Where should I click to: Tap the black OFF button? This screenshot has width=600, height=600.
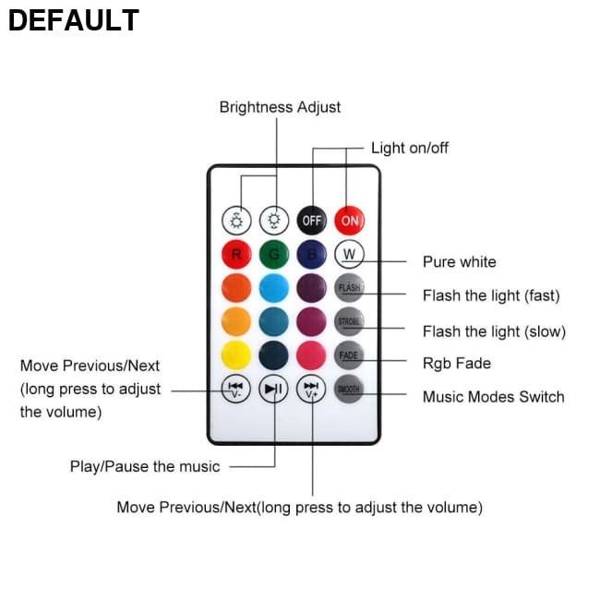coord(312,221)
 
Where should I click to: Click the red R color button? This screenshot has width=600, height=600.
coord(237,254)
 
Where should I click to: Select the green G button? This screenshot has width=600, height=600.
coord(274,254)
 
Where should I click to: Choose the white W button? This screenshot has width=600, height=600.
coord(350,254)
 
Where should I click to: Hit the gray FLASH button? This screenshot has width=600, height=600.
coord(349,288)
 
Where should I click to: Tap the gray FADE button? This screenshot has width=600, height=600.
coord(349,355)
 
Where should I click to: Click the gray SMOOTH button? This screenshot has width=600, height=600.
coord(349,390)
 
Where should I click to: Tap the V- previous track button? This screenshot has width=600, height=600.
coord(237,390)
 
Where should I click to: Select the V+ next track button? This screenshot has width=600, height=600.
coord(312,390)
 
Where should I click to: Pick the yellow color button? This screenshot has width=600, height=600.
coord(237,355)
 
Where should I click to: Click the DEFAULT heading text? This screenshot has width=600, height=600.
coord(74,20)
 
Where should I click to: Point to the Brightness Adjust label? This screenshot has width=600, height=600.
coord(280,107)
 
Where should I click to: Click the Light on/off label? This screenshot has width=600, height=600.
coord(410,148)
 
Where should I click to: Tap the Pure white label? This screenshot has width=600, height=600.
coord(459,262)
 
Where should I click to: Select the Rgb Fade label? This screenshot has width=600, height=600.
coord(456,363)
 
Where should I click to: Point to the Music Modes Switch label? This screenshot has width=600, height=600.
coord(493,397)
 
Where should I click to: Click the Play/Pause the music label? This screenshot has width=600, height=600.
coord(145,466)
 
